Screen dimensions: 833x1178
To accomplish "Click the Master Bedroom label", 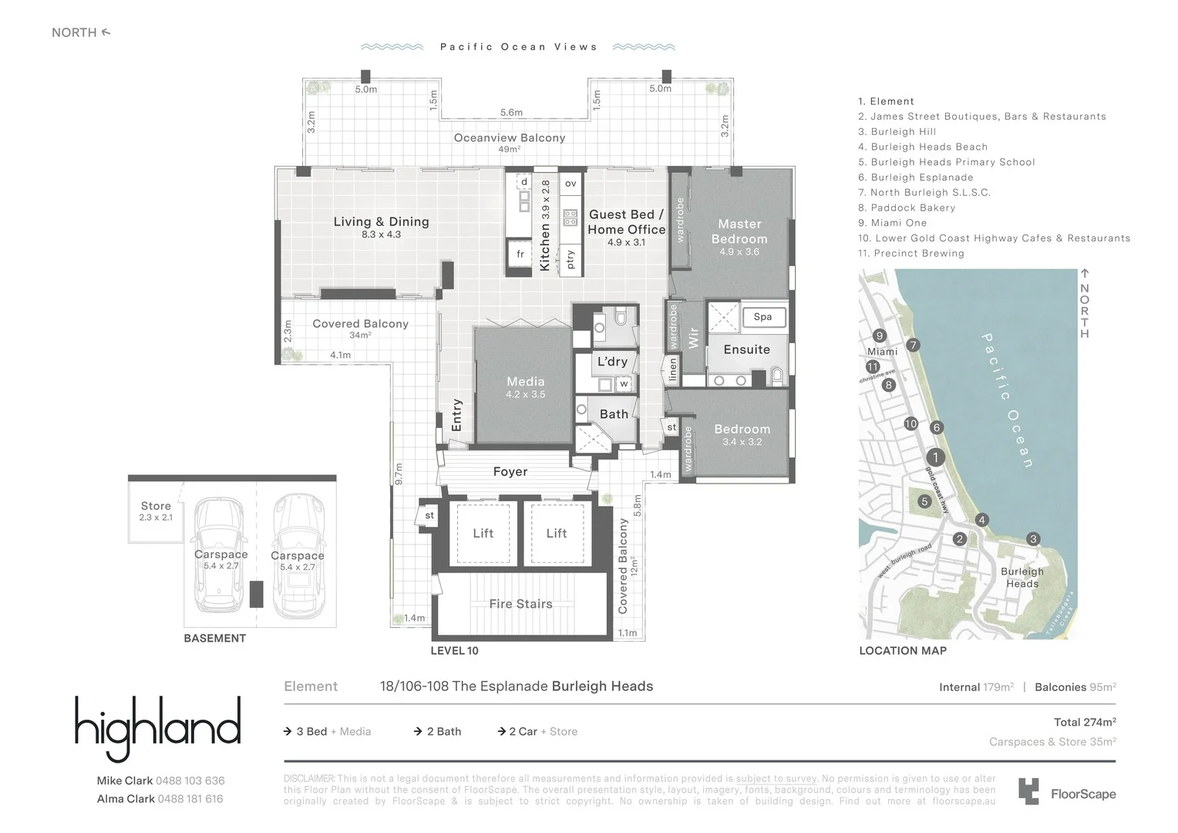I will point(739,231).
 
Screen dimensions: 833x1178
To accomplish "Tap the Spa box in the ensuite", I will point(762,316).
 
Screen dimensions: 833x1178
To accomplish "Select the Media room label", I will point(525,382).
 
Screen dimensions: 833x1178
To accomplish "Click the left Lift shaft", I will point(483,533).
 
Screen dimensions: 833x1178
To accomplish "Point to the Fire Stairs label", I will point(520,604).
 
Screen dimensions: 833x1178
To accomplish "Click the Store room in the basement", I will point(156,511).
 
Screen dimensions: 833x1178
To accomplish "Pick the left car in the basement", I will point(220,555).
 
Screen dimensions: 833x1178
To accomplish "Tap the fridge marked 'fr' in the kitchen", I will point(520,254).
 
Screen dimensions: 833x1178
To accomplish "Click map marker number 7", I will point(913,345).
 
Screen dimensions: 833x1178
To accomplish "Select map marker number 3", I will point(1033,539).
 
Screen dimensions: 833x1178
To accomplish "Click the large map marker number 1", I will point(935,457).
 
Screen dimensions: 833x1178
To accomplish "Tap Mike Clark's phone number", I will point(190,781).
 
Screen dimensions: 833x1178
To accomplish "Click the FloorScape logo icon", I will point(1028,792).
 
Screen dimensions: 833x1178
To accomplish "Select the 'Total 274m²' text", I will point(1085,722).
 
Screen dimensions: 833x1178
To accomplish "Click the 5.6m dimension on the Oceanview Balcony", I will point(511,113).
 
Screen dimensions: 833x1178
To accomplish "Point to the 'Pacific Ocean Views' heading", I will point(519,47).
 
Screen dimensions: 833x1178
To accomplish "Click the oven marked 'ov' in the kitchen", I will point(570,184).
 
